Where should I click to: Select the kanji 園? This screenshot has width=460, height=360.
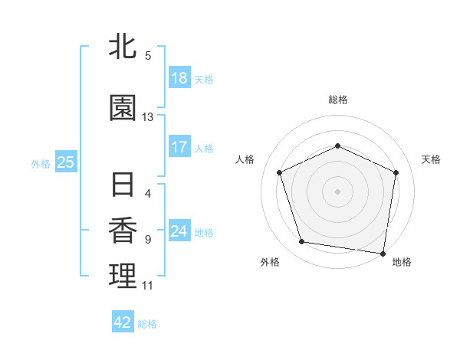(x=122, y=109)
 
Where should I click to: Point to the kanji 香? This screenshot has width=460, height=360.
(x=122, y=231)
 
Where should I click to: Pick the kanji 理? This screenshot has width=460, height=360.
(x=122, y=277)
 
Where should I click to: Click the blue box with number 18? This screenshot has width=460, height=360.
(x=179, y=78)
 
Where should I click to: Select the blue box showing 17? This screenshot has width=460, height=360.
(x=179, y=147)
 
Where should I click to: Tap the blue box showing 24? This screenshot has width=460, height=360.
(x=179, y=231)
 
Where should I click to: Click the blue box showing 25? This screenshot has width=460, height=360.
(x=65, y=162)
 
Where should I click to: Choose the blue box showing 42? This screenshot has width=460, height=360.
(x=122, y=322)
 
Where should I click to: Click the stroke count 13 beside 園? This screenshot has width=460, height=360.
(x=148, y=117)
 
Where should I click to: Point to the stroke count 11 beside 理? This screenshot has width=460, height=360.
(x=148, y=286)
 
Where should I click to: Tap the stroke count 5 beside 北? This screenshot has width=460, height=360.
(x=148, y=55)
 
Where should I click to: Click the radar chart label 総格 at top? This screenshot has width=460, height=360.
(x=338, y=100)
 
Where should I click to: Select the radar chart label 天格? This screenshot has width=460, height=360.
(x=431, y=159)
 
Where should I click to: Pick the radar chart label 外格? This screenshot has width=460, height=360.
(x=270, y=262)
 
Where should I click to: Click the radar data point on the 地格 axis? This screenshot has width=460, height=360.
(x=383, y=252)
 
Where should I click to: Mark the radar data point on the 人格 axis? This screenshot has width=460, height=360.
(x=280, y=172)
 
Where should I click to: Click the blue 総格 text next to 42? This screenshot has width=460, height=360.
(x=147, y=324)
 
